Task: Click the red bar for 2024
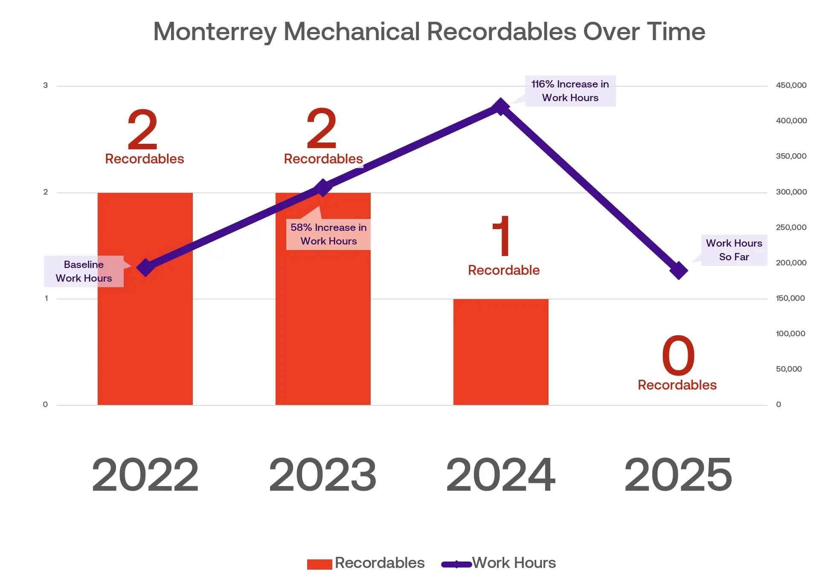tap(500, 352)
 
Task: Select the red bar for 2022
tap(145, 333)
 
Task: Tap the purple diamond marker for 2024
tap(500, 107)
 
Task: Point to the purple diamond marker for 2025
tap(678, 271)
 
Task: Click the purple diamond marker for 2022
tap(145, 268)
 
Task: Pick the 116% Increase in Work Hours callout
tap(570, 91)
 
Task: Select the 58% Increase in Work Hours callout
tap(328, 234)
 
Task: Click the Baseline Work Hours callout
tap(84, 271)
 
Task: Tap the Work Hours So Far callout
tap(734, 250)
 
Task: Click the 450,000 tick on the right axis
tap(791, 85)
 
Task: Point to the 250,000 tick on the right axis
tap(791, 227)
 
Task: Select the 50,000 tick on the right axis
tap(789, 369)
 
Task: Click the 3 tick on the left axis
tap(46, 85)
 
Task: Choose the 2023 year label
tap(323, 474)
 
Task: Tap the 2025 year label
tap(678, 474)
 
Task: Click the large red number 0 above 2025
tap(678, 355)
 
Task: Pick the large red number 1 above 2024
tap(502, 236)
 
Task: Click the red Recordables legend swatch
tap(320, 564)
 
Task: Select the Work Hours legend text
tap(514, 563)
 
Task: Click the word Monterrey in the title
tap(215, 32)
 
